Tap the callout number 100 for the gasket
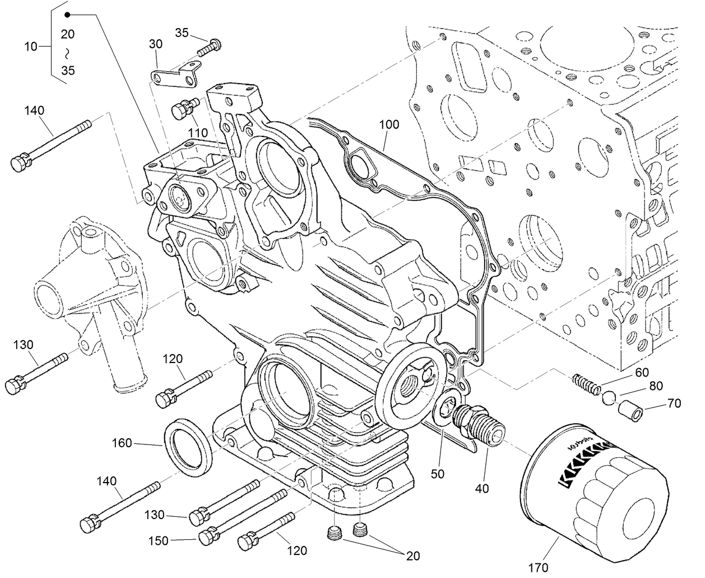389,124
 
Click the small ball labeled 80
609,398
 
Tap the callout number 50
438,474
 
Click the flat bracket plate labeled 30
174,75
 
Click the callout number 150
159,540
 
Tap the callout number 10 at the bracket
30,46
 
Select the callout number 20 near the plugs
413,556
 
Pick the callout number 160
121,443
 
